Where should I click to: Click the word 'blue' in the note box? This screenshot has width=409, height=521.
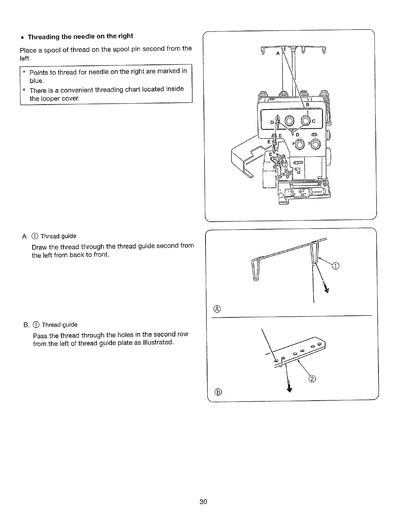tap(36, 81)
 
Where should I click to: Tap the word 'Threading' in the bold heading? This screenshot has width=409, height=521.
tap(44, 37)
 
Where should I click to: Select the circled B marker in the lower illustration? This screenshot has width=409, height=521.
tap(217, 392)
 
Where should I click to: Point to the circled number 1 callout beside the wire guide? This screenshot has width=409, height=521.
tap(335, 266)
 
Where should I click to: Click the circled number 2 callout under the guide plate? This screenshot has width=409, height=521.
tap(312, 379)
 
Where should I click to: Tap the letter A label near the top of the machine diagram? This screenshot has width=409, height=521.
tap(277, 54)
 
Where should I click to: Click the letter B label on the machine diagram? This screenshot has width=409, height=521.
tap(308, 105)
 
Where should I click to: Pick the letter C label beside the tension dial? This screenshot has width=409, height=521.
tap(313, 121)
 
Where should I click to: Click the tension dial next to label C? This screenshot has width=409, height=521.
tap(306, 121)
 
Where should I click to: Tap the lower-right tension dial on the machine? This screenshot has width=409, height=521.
tap(316, 144)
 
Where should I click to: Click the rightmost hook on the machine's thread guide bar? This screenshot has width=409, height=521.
tap(324, 50)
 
